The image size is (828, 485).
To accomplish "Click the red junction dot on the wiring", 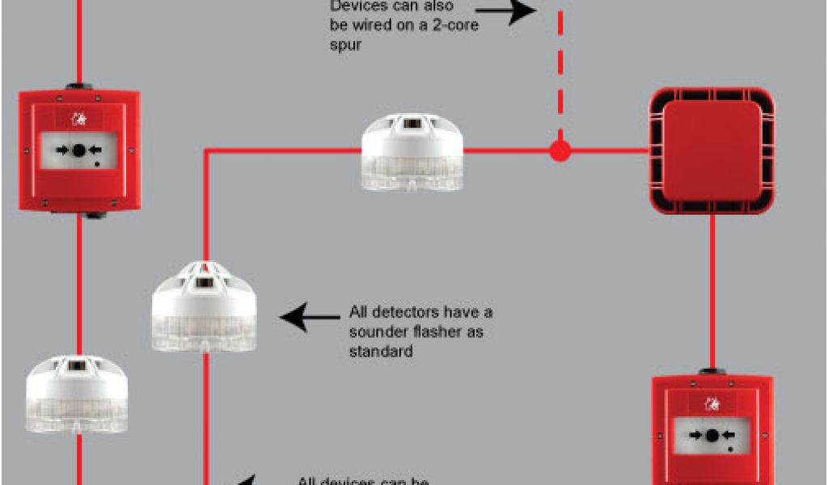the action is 559,150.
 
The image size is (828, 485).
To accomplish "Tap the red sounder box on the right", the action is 712,151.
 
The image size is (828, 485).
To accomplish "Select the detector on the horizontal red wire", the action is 412,154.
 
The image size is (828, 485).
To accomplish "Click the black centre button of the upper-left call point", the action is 78,150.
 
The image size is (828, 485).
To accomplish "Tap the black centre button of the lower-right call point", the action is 712,436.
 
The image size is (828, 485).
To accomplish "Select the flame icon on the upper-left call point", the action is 79,120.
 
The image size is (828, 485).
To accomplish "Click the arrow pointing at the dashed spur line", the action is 505,11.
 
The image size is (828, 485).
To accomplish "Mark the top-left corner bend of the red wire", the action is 205,150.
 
